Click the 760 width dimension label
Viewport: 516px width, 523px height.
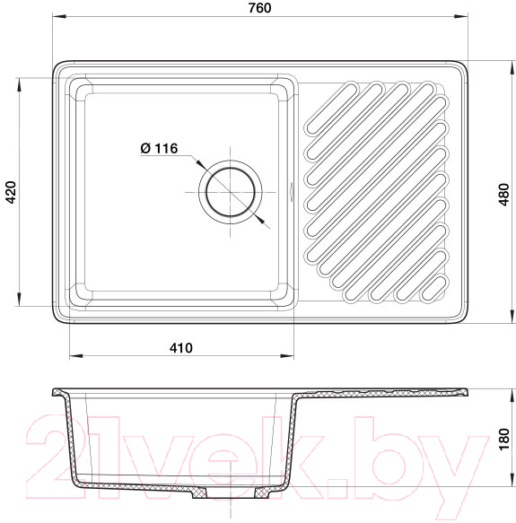259,8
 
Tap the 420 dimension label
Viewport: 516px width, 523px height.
11,193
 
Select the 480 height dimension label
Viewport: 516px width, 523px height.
504,195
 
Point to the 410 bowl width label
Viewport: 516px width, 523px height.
181,348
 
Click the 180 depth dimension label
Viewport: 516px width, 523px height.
504,440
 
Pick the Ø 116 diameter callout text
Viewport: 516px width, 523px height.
159,148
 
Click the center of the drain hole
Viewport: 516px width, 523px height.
231,192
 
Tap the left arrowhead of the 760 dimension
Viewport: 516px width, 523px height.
58,16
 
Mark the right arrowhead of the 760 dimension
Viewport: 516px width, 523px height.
461,16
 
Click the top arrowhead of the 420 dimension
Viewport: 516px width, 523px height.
20,84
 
